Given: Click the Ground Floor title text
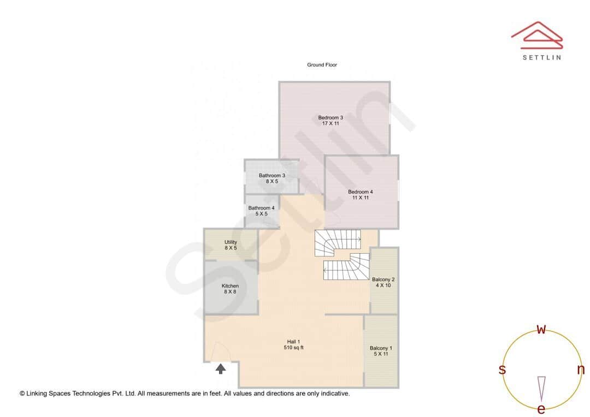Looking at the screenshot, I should [322, 65].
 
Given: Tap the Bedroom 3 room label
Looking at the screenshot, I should [331, 117].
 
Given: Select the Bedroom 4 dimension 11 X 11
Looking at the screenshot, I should [361, 198].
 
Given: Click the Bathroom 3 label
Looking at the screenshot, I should [272, 175].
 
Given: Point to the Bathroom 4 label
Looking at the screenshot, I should [261, 208].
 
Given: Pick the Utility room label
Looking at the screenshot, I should [231, 242].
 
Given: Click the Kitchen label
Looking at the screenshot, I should [230, 286].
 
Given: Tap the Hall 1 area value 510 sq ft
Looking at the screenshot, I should [294, 348].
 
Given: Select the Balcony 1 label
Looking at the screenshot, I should [381, 348].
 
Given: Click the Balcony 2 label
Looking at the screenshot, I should [383, 279].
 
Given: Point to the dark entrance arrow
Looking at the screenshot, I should [221, 369].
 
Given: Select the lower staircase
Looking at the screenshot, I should [346, 267].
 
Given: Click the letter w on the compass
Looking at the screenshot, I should [541, 329].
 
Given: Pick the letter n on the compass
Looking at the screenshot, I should [581, 370].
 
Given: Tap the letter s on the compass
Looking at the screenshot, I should [502, 370].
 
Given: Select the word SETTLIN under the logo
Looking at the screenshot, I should [541, 57].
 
